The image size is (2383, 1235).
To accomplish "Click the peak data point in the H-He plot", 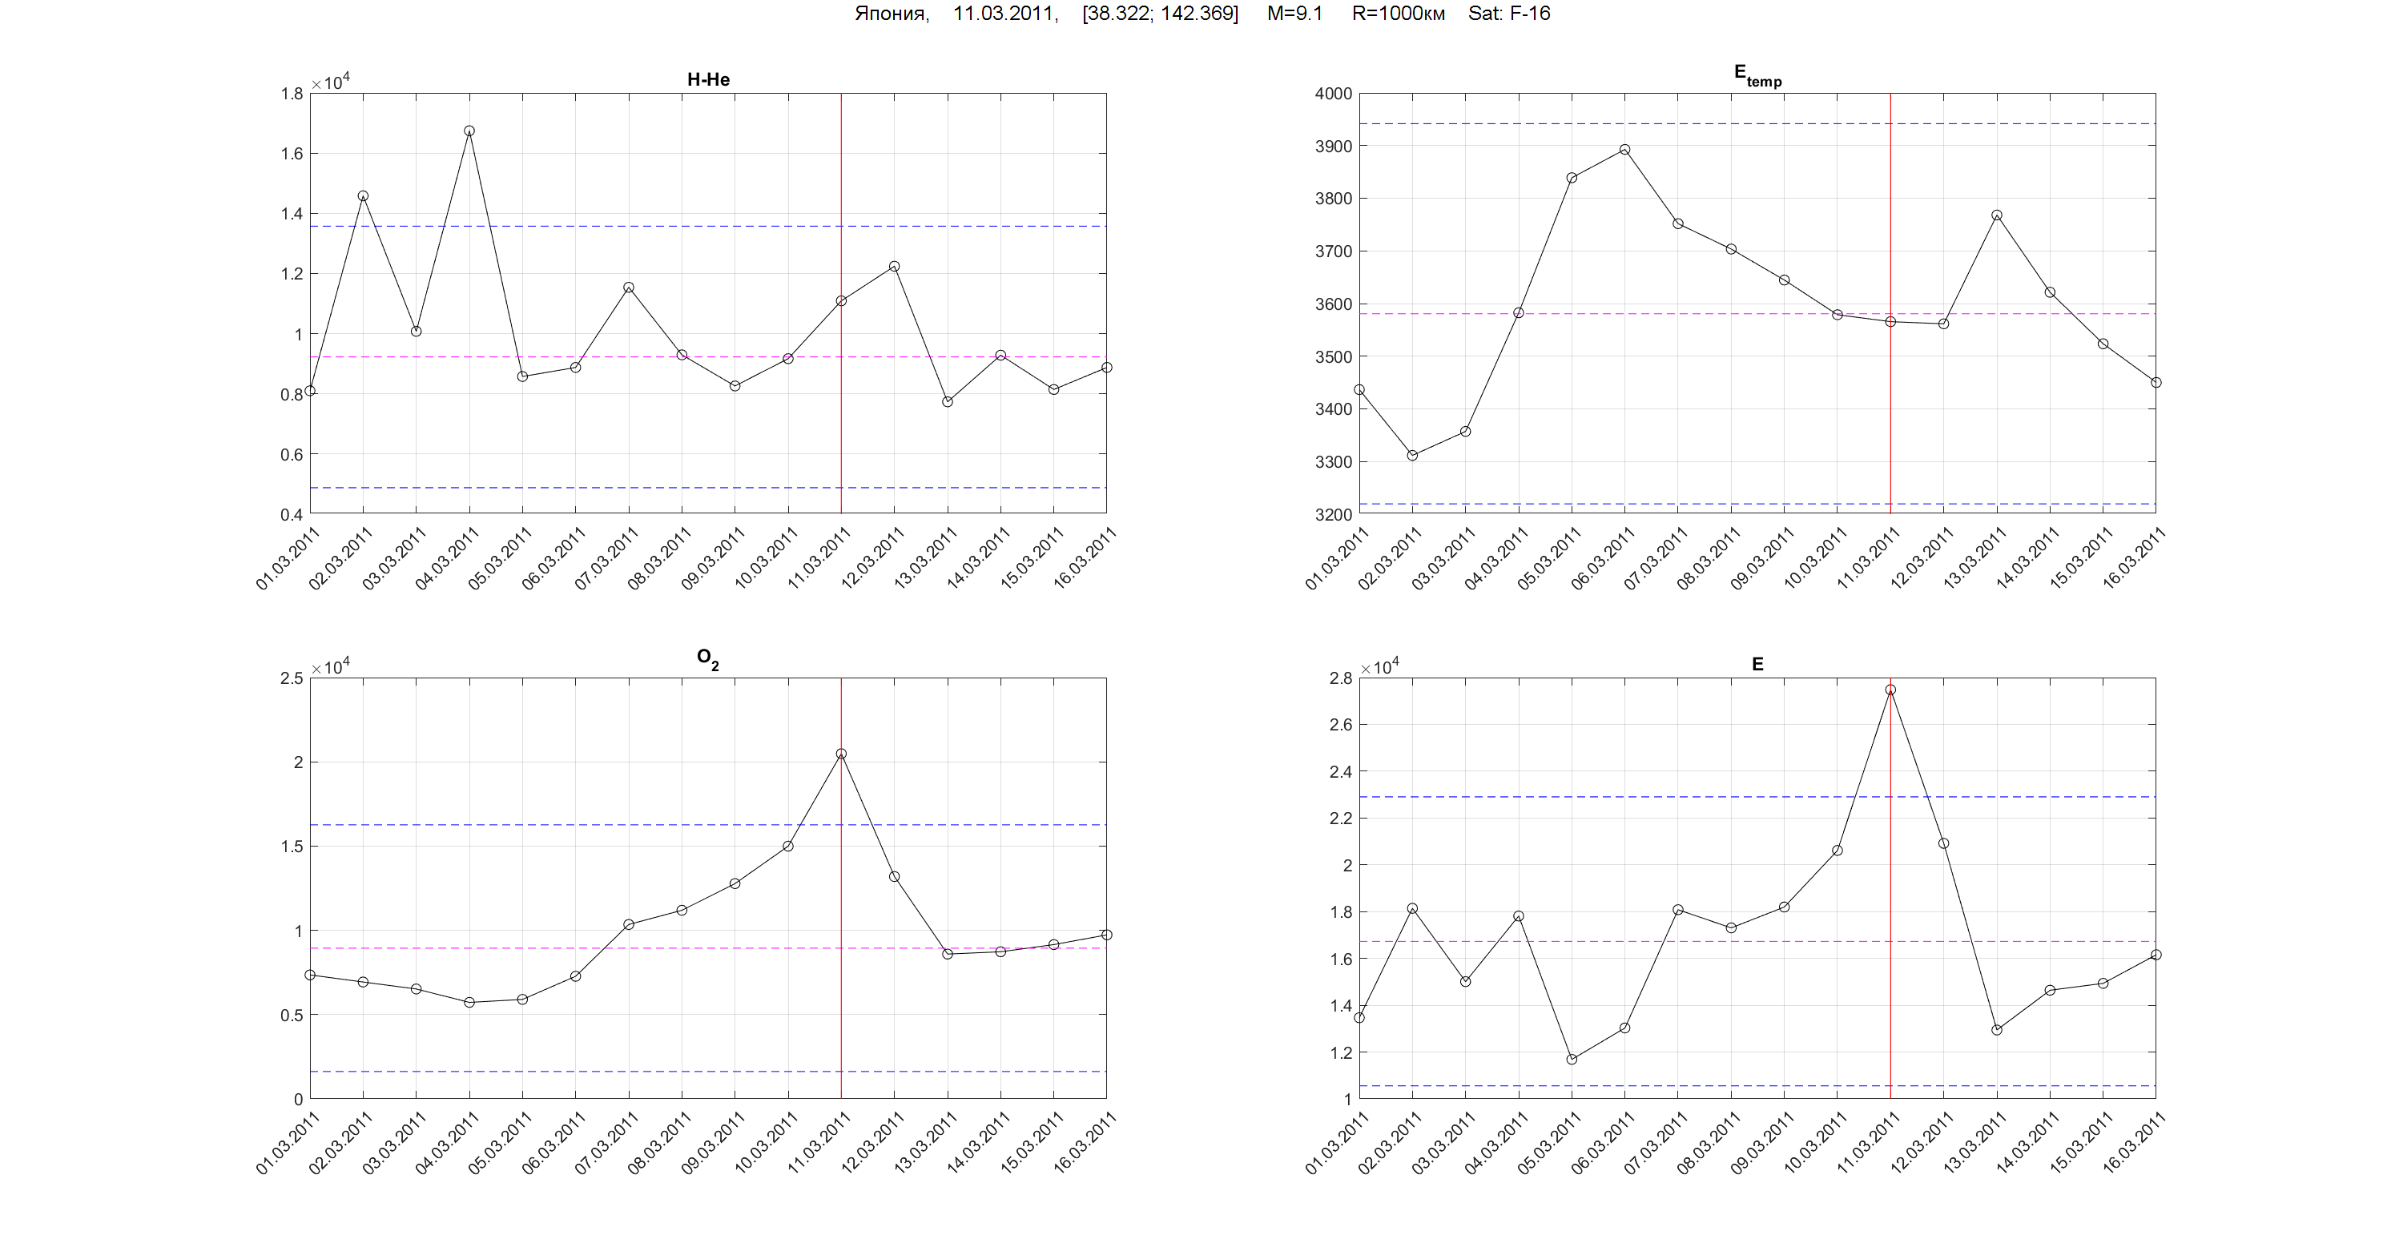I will point(469,131).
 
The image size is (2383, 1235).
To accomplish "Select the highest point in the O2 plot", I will point(841,754).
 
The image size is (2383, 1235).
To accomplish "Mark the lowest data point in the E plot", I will point(1572,1060).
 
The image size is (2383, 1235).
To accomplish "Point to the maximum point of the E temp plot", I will point(1624,150).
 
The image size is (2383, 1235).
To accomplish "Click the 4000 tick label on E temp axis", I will point(1333,94).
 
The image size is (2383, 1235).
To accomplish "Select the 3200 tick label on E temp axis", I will point(1333,514).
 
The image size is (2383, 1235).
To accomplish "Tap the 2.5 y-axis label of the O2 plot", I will point(292,678).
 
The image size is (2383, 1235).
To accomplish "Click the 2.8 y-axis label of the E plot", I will point(1340,678).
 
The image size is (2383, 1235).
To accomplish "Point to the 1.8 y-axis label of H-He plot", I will point(292,94).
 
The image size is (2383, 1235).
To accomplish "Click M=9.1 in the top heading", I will point(1294,14).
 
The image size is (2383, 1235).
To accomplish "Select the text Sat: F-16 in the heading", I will point(1509,14).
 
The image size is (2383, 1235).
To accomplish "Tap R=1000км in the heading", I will point(1398,14).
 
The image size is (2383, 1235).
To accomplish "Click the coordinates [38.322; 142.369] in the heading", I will point(1160,14).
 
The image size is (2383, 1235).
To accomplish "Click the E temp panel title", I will point(1757,76).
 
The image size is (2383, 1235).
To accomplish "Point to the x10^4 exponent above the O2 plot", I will point(330,667).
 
